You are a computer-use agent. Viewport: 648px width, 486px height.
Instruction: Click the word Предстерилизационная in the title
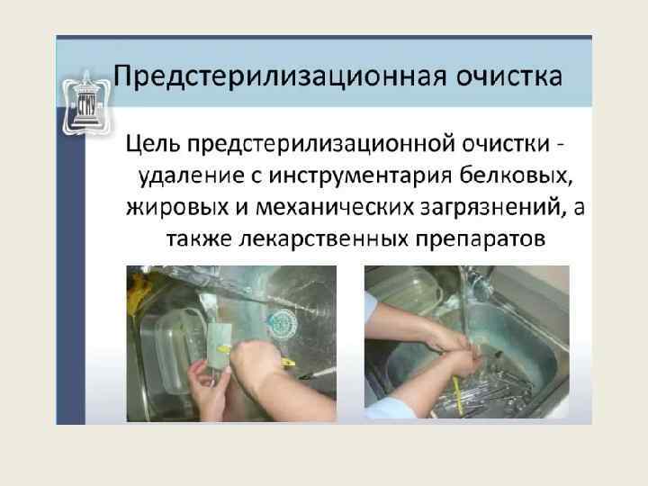280,76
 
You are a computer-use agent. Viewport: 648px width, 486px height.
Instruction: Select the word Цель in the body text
152,144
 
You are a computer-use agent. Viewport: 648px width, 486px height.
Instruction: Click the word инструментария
360,175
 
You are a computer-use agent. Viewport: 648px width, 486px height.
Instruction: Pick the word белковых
517,175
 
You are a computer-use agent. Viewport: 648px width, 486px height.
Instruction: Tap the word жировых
177,207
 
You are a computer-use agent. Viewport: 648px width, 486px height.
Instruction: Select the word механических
335,207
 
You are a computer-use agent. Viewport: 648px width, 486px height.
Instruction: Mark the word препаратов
481,239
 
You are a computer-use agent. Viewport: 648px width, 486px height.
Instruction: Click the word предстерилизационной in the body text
320,144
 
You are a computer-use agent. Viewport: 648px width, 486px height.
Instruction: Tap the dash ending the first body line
560,146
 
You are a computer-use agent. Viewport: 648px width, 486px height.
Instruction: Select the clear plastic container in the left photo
170,351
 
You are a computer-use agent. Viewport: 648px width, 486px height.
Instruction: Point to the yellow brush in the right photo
456,395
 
